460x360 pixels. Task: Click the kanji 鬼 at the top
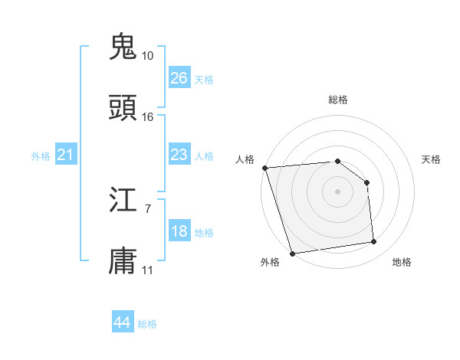tap(123, 45)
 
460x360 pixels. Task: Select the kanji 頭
tap(123, 107)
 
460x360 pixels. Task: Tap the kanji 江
tap(123, 201)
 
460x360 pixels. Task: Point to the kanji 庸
tap(123, 261)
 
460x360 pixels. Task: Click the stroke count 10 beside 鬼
tap(147, 56)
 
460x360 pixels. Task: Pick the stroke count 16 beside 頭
tap(147, 117)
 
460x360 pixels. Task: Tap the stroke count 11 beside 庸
tap(147, 270)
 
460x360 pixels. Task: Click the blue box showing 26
tap(179, 78)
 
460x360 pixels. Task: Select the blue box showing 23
tap(179, 155)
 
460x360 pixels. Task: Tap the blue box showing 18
tap(179, 231)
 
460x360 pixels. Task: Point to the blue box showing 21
tap(67, 155)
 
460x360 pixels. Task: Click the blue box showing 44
tap(123, 322)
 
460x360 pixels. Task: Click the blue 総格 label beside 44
tap(148, 324)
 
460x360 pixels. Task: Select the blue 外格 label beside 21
tap(41, 156)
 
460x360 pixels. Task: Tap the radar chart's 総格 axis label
tap(338, 100)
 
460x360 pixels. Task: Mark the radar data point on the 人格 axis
tap(264, 168)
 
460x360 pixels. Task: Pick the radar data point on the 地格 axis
tap(374, 242)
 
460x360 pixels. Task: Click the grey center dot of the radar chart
tap(338, 191)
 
